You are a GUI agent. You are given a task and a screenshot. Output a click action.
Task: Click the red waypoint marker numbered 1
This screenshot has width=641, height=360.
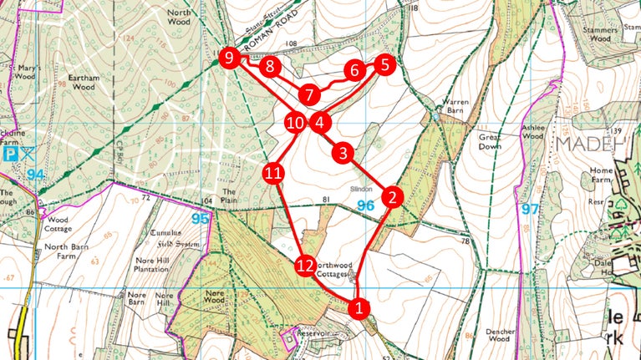359,307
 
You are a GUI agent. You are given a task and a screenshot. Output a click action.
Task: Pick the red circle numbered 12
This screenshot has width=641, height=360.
305,266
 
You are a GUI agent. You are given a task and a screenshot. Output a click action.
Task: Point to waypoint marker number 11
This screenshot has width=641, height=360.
274,174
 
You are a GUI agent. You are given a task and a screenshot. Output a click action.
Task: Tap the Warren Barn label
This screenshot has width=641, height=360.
456,105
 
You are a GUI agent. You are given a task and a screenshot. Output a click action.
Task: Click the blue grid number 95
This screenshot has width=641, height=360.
198,219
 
